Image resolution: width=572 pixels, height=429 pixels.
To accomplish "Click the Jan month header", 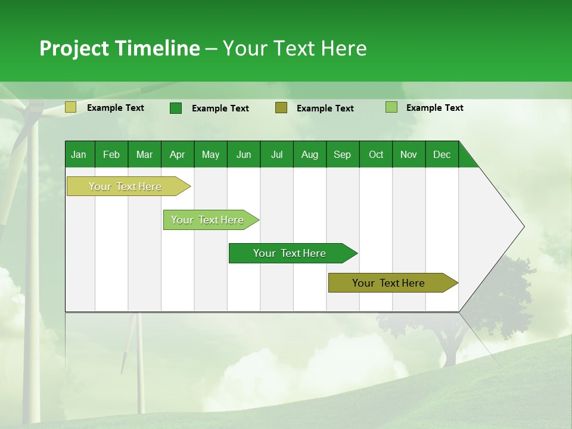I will [79, 154].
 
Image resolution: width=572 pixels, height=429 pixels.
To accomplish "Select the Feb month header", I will [111, 154].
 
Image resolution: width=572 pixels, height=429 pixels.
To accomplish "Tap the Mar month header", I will [144, 154].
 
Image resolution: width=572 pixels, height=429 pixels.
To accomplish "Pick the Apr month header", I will [178, 154].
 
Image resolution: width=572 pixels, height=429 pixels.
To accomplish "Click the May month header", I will [210, 154].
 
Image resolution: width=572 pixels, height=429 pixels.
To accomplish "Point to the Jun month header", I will [244, 154].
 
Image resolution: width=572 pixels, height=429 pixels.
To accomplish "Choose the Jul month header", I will [276, 154].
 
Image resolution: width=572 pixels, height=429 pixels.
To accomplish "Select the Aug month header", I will [310, 154].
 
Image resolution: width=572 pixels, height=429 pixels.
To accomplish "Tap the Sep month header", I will [343, 154].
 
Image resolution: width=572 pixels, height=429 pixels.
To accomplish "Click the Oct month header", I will [376, 154].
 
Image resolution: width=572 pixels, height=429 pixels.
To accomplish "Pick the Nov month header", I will [409, 154].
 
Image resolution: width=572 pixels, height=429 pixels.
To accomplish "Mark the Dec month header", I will [442, 154].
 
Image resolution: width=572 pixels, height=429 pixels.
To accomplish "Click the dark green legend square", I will [176, 108].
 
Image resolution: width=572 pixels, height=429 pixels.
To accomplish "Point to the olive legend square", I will [281, 108].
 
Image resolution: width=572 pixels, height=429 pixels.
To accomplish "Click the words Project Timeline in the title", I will [120, 48].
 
